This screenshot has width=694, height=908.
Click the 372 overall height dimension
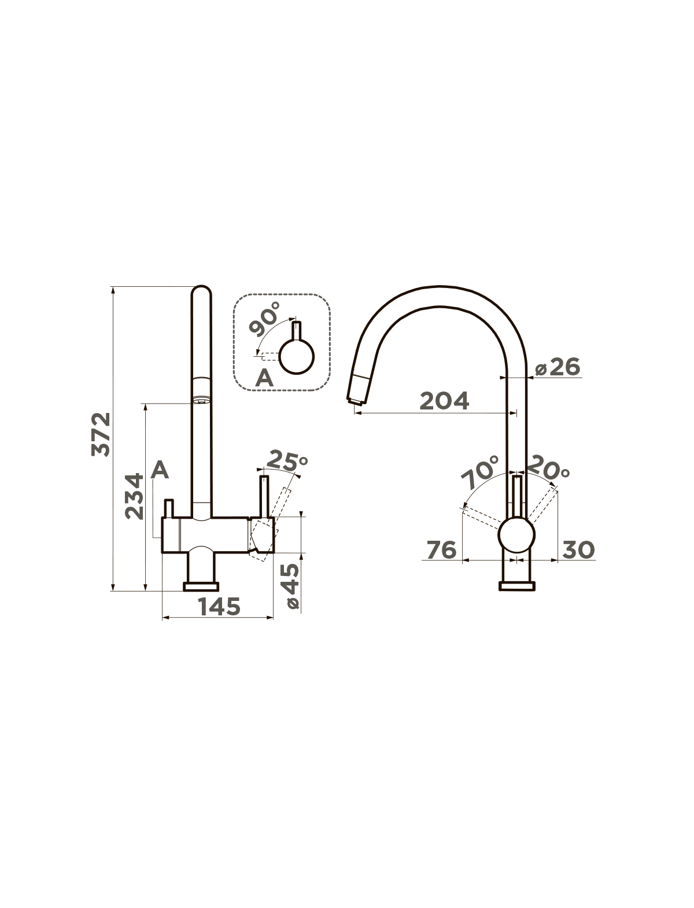tap(101, 434)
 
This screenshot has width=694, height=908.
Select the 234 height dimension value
tap(134, 496)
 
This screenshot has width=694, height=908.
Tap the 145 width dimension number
tap(219, 607)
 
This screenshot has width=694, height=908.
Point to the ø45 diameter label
tap(293, 586)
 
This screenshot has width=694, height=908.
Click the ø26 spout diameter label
tap(558, 367)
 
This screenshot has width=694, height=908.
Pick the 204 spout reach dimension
tap(445, 400)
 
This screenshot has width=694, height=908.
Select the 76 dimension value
tap(442, 550)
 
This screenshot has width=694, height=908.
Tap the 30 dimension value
tap(578, 550)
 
